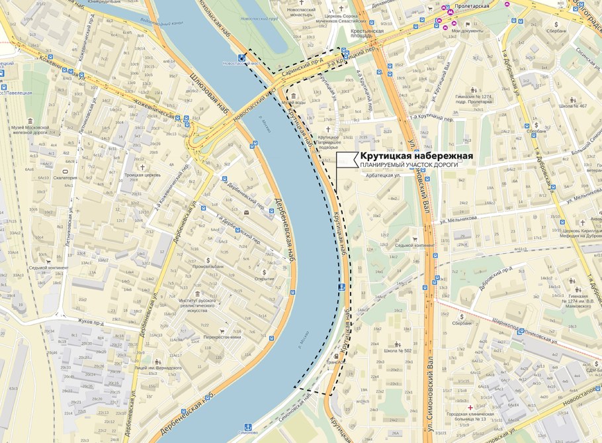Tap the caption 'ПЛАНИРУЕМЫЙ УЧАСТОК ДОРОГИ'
tap(409, 165)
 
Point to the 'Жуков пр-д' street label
tap(91, 321)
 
